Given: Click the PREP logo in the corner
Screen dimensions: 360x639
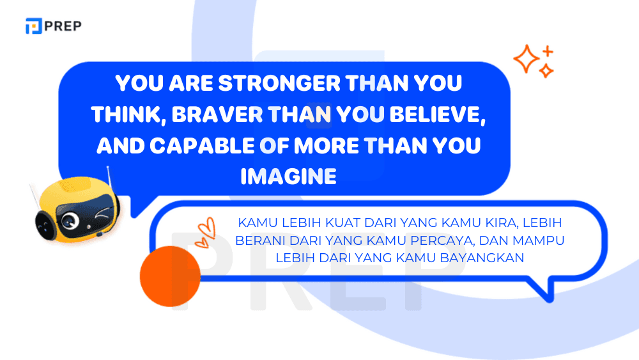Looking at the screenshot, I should pos(53,26).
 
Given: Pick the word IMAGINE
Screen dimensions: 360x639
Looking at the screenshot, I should pos(288,176).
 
